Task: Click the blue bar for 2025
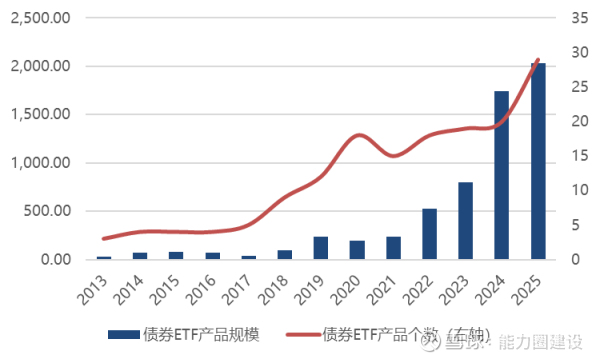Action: (537, 161)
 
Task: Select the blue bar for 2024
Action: (501, 175)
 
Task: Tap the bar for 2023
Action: (465, 221)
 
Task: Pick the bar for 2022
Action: (429, 234)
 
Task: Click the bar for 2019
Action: (321, 248)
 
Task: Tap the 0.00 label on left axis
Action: (52, 260)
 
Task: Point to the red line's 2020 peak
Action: (358, 135)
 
